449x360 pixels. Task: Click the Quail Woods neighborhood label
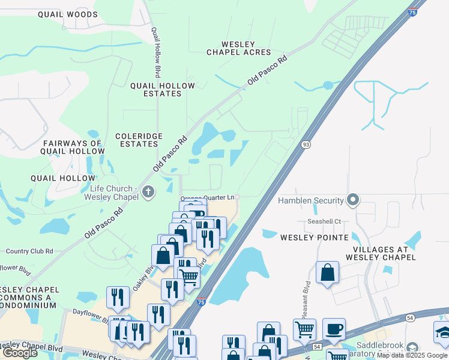(x=67, y=14)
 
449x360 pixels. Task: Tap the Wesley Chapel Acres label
(x=239, y=48)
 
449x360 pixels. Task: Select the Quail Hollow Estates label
(x=163, y=89)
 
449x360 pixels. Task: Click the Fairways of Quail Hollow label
(x=72, y=147)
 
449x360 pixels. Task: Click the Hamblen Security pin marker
(x=354, y=200)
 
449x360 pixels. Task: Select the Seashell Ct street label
(x=325, y=221)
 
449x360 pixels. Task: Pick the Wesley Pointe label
(x=315, y=238)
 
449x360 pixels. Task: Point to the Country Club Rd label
(x=29, y=251)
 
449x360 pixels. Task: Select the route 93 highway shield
(x=306, y=145)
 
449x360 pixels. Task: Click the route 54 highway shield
(x=411, y=317)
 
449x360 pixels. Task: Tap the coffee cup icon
(x=334, y=329)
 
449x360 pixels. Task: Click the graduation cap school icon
(x=443, y=332)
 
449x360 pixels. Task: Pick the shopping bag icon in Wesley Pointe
(x=327, y=272)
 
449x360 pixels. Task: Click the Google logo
(x=20, y=353)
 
